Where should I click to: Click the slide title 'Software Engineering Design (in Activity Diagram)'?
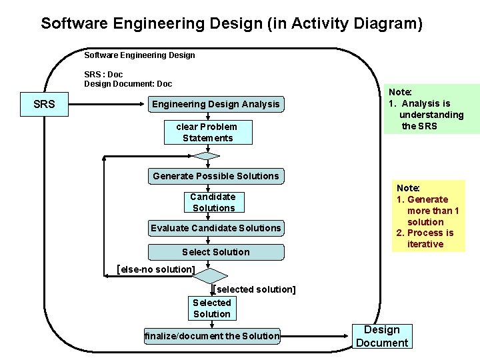(x=231, y=23)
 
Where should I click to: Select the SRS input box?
(x=44, y=104)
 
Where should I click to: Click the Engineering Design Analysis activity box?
(x=216, y=104)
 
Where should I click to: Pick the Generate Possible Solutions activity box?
(x=215, y=176)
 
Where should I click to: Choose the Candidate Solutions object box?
(x=213, y=202)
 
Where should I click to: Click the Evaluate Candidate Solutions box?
(x=215, y=228)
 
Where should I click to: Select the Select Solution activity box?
(x=215, y=252)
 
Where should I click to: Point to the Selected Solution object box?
(x=212, y=308)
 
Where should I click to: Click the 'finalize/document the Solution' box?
(x=212, y=336)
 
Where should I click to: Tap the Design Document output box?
(x=382, y=337)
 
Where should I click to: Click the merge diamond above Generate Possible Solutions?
(x=207, y=157)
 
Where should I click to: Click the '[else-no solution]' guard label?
(x=155, y=269)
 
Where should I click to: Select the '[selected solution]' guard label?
(x=255, y=289)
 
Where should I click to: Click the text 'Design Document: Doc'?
(x=127, y=83)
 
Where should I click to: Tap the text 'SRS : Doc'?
(x=103, y=73)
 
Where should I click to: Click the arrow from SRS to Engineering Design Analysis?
(x=107, y=104)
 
